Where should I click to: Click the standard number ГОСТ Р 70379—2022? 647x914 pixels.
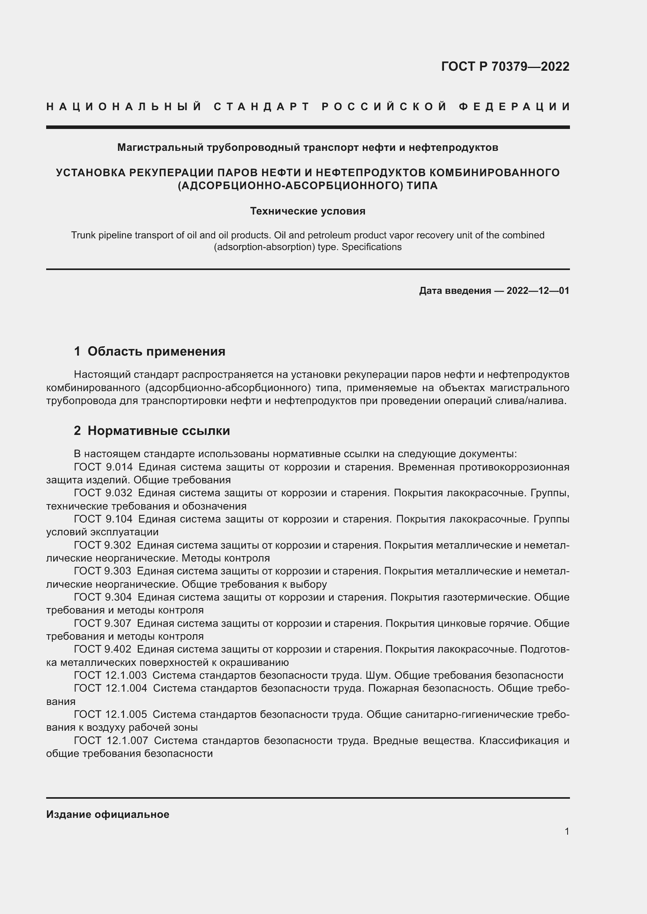click(505, 66)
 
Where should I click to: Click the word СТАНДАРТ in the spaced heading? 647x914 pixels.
click(261, 107)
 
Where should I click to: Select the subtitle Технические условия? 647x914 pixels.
click(307, 211)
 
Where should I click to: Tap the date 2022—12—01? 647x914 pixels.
click(537, 291)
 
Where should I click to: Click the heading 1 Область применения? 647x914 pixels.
click(149, 351)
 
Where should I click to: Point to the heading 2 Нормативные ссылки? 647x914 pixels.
click(152, 431)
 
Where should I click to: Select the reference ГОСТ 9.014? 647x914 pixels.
click(103, 467)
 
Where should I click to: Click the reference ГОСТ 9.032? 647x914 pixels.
click(103, 493)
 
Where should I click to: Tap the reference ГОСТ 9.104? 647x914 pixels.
click(103, 519)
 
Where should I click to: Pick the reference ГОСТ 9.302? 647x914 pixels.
click(102, 546)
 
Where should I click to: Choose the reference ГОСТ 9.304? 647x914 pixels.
click(102, 597)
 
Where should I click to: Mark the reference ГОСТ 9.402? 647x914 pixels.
click(102, 649)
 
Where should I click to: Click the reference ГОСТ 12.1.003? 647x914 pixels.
click(110, 676)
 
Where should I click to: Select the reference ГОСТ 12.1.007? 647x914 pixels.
click(111, 741)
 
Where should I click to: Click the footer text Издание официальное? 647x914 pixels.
click(108, 814)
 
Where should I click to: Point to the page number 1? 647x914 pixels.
click(566, 832)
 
